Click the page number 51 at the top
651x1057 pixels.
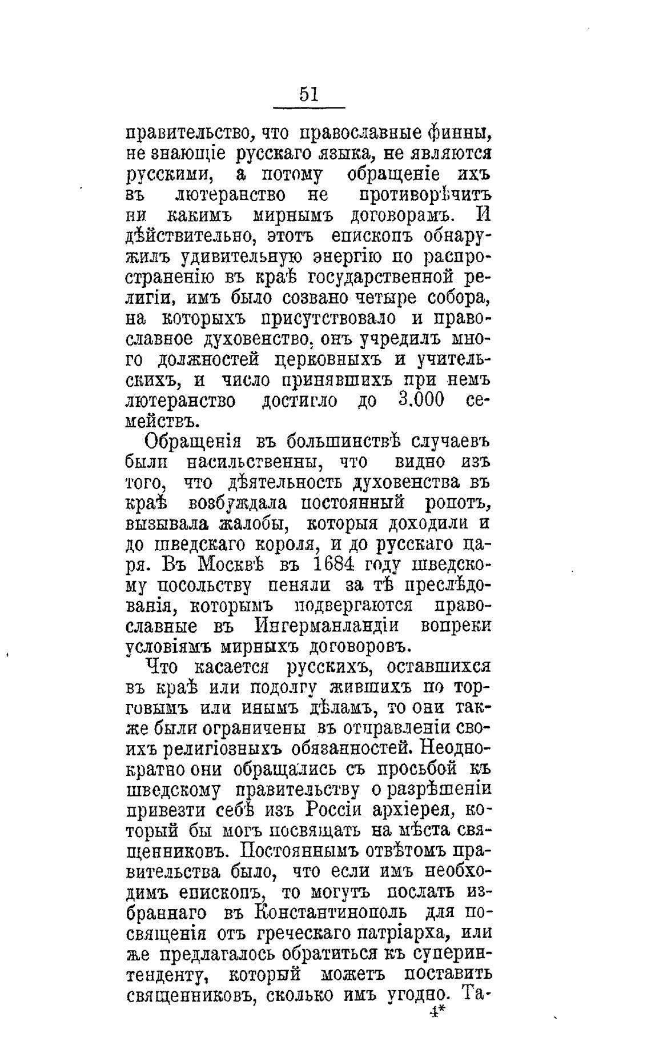[308, 94]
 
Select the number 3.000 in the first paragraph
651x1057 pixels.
[420, 400]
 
